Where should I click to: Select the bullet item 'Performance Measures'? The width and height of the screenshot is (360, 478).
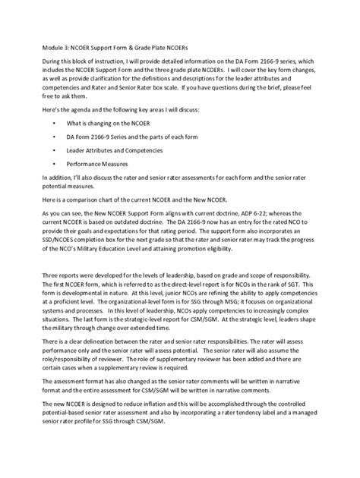96,164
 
